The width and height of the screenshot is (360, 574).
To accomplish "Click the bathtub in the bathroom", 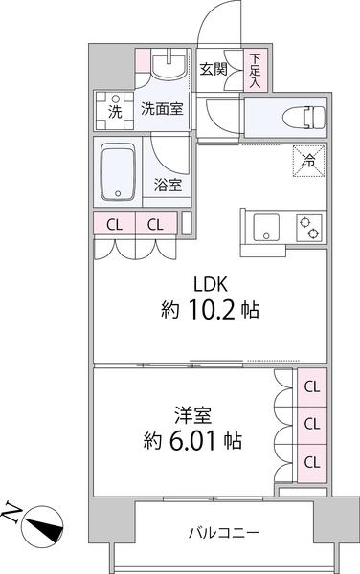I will (x=120, y=172).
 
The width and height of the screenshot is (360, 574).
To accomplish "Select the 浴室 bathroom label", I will (x=169, y=185).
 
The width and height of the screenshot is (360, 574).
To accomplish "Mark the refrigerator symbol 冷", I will (x=308, y=159).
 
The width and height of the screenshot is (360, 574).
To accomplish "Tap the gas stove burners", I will (x=309, y=229).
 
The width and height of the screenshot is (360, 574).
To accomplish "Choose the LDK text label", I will (x=212, y=283).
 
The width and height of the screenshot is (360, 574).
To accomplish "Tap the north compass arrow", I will (x=42, y=524).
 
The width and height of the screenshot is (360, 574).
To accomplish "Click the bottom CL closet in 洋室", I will (x=311, y=461).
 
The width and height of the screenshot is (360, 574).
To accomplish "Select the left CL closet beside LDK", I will (x=114, y=226).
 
